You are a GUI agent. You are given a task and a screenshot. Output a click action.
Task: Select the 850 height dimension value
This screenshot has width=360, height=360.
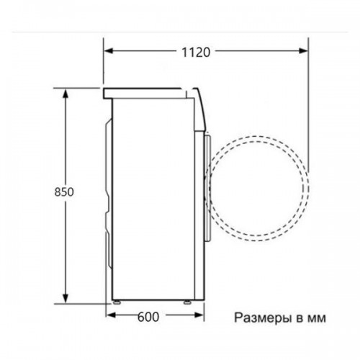coord(65,193)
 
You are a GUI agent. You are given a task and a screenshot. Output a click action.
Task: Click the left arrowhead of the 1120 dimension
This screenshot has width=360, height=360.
coord(107,52)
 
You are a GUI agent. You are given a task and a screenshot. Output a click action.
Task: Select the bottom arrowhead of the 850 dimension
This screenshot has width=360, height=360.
coord(66,300)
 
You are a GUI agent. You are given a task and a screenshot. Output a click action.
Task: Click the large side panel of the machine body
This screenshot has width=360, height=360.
coord(155,194)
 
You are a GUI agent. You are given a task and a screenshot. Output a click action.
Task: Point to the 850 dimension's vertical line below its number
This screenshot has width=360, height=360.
coord(66,252)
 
